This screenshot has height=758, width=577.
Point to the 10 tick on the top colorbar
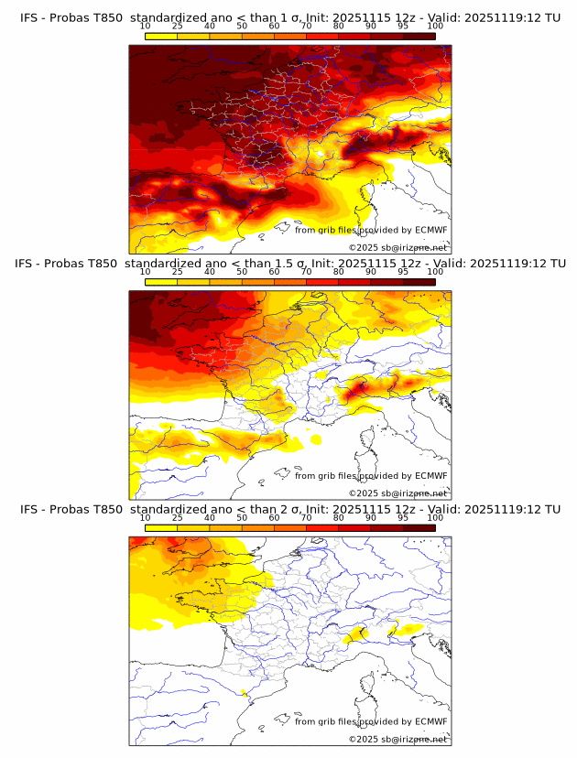coord(145,27)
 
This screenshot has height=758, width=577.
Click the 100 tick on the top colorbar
coord(435,27)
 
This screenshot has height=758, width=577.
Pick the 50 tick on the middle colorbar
coord(242,272)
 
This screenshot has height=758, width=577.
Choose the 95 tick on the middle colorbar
coord(403,272)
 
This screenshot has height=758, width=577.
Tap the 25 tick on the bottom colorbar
coord(177,517)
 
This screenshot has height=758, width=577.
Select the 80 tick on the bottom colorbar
coord(339,517)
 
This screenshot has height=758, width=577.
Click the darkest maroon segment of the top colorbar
coord(419,36)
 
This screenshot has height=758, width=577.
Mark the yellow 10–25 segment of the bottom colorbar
coord(161,527)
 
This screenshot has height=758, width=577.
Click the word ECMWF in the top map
coord(431,230)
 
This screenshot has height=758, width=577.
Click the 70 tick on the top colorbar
coord(306,27)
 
